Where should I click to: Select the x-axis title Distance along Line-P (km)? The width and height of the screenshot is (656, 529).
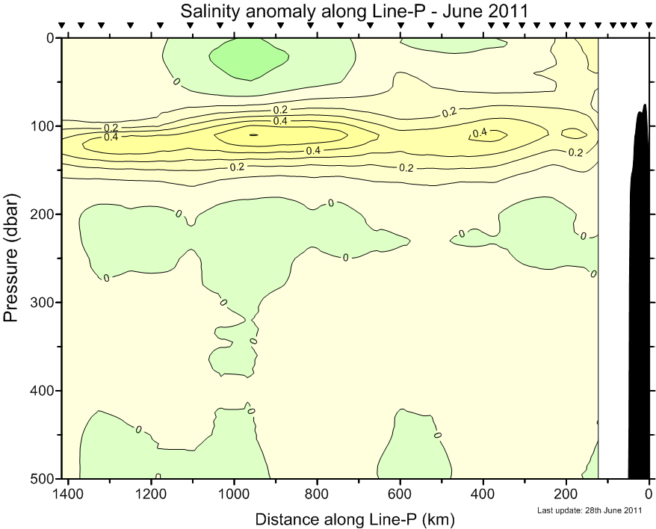355,518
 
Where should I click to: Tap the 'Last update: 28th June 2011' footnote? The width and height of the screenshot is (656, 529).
590,511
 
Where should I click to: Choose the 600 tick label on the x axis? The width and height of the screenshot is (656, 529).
400,494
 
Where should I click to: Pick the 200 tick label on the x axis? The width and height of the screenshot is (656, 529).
566,494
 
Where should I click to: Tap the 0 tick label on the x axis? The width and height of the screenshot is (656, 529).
649,494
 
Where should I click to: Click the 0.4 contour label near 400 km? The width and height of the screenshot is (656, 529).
480,133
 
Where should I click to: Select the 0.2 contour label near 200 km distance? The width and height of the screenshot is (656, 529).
575,152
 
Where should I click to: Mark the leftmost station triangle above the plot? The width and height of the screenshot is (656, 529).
62,26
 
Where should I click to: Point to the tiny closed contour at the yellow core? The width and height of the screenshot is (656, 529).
253,134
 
